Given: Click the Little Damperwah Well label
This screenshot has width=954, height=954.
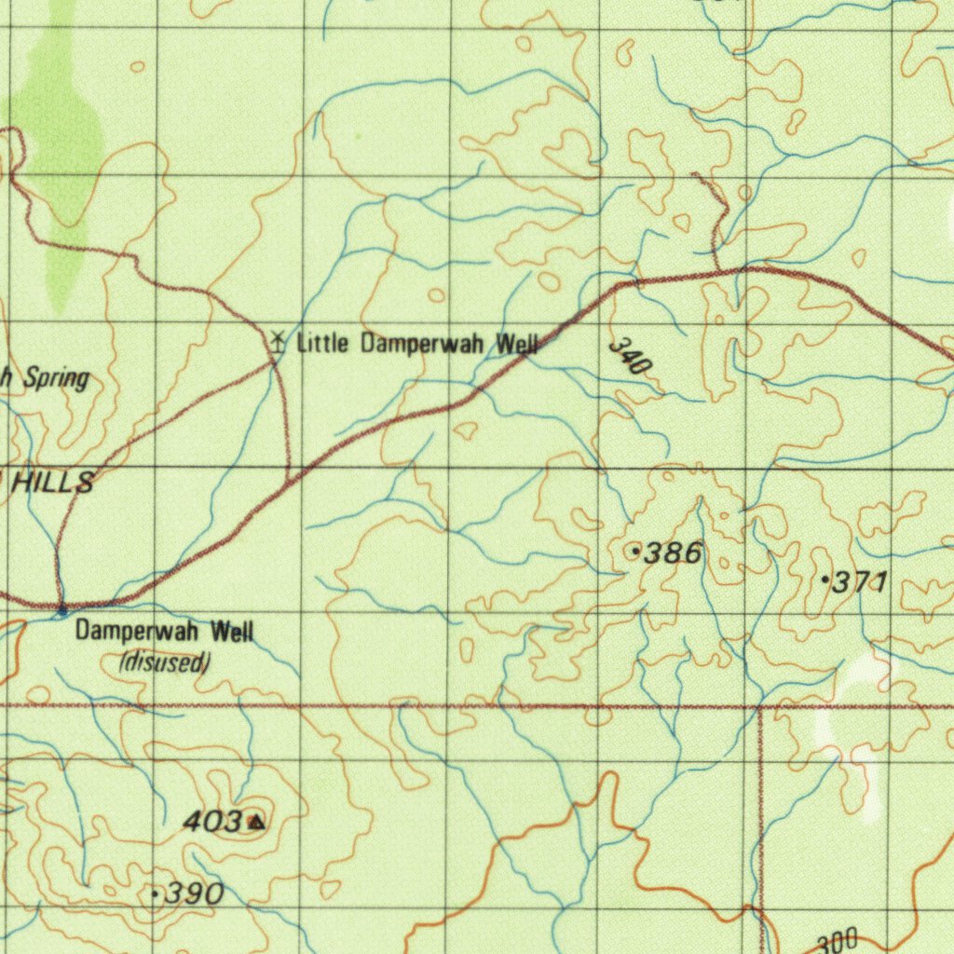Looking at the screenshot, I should tap(416, 344).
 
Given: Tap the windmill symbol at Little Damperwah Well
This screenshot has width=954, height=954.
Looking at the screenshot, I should tap(276, 341).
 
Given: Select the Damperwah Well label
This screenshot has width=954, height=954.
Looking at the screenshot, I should tap(164, 632).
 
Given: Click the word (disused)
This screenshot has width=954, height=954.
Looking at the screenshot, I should tap(165, 662).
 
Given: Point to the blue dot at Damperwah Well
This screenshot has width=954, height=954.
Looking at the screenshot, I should tap(62, 611).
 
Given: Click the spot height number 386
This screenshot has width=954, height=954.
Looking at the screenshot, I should tap(673, 553).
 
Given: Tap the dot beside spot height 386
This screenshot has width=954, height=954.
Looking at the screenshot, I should tap(636, 552).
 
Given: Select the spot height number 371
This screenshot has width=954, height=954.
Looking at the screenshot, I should tap(859, 583).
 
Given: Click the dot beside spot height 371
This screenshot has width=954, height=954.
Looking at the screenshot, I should tap(825, 579).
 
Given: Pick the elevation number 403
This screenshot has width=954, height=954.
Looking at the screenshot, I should tap(212, 822).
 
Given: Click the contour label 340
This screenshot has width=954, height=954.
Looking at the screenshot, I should tap(629, 358).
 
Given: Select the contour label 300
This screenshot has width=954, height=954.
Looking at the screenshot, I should tap(837, 943).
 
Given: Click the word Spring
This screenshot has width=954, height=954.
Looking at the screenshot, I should tap(56, 378).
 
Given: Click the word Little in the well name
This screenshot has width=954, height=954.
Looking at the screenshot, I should tap(322, 344).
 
